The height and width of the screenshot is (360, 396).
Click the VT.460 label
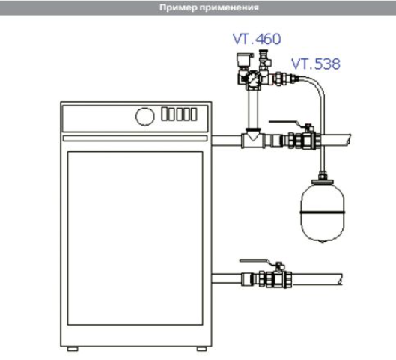point(257,39)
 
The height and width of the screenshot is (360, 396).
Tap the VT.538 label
point(316,64)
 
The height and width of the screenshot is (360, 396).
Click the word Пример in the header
point(178,7)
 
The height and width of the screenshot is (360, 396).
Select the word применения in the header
point(229,7)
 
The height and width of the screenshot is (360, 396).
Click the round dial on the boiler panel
point(145,117)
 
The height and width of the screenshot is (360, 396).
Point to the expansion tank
point(322,210)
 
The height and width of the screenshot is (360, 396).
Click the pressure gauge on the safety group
point(252,79)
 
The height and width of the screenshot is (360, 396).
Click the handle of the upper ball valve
point(285,123)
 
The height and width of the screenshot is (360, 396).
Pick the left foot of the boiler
point(73,349)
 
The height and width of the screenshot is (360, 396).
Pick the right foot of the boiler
point(202,349)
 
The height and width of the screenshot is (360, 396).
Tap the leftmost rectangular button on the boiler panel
point(165,114)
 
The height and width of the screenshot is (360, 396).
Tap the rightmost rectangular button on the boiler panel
point(194,114)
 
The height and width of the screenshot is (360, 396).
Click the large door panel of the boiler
point(135,238)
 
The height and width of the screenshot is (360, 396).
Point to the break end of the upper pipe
point(350,140)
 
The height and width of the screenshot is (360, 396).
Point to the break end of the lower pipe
point(341,279)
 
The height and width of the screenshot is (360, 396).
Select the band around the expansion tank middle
point(322,213)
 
